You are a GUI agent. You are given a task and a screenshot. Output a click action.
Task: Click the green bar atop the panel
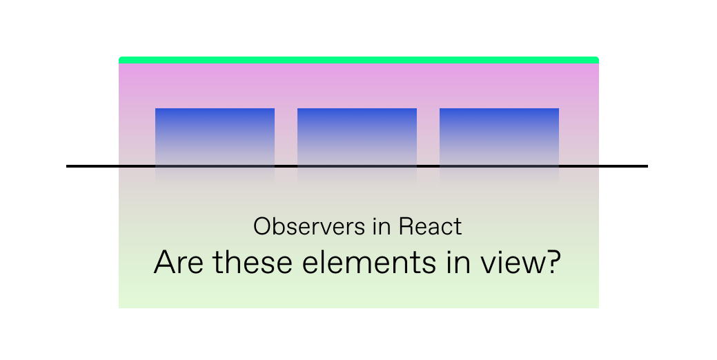point(358,60)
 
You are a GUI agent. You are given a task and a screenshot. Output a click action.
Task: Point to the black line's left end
point(68,166)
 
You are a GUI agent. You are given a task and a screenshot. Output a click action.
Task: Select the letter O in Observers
point(262,227)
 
